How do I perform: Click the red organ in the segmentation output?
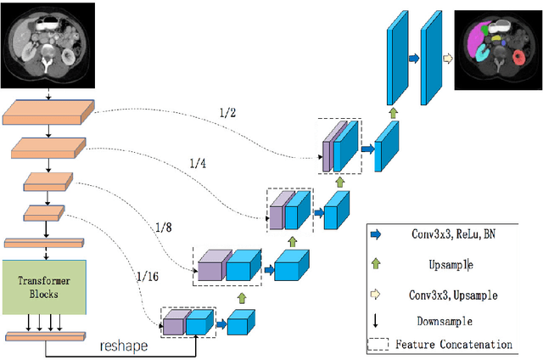518,58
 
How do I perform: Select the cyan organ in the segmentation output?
481,54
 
